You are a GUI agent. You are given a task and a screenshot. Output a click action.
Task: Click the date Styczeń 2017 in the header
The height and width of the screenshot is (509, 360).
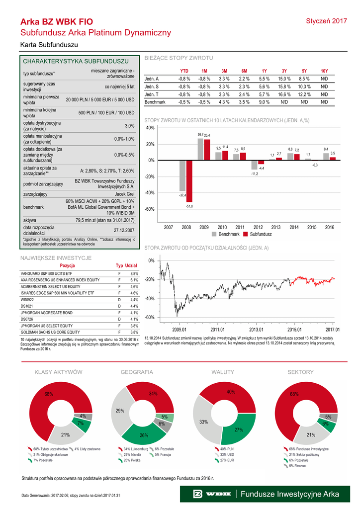click(326, 21)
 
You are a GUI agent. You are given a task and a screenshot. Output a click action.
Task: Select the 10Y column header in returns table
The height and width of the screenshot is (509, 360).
click(324, 71)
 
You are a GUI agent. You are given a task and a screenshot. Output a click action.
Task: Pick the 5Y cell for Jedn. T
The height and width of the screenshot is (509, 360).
click(304, 94)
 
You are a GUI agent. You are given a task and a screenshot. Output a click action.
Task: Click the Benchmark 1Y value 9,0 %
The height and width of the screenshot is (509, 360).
click(264, 102)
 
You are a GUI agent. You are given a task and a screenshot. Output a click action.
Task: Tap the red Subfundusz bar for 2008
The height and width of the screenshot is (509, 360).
click(189, 181)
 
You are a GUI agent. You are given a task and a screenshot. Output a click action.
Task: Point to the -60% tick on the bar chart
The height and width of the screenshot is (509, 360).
click(150, 209)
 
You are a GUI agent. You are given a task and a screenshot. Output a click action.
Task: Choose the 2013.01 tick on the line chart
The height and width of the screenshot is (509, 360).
click(256, 329)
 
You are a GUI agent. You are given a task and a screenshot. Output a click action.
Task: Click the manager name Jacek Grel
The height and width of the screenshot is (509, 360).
click(124, 194)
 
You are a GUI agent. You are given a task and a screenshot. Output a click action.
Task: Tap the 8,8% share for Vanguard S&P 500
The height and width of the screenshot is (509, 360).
click(134, 273)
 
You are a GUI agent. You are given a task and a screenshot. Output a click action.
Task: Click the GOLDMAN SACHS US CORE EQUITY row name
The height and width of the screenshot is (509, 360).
click(50, 332)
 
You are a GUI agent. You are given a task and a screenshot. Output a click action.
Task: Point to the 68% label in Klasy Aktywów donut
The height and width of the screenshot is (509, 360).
click(49, 394)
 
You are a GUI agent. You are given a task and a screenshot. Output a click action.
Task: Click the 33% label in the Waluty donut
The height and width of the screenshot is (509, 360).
click(203, 422)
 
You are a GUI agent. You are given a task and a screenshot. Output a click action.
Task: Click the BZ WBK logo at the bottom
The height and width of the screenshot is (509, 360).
click(214, 494)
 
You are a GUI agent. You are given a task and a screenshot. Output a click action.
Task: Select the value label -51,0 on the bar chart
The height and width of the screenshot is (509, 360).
click(189, 206)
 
